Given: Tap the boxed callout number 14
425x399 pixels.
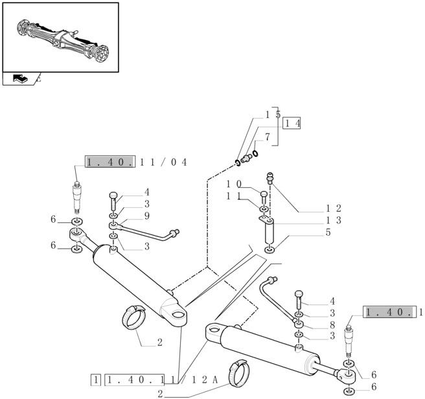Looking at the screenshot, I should point(292,122).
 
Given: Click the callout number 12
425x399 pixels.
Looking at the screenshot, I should point(333,209).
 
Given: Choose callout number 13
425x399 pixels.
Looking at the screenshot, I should point(333,220).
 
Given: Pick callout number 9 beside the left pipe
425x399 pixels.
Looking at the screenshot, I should point(147,216).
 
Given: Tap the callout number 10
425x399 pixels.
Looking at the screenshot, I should point(234,184).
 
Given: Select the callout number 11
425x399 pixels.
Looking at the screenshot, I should point(234,196).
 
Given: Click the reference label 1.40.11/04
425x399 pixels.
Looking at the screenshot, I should point(136,162).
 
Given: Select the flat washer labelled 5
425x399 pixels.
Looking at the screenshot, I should point(270,250).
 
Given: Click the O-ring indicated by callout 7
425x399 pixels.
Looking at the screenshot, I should point(255,154).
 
